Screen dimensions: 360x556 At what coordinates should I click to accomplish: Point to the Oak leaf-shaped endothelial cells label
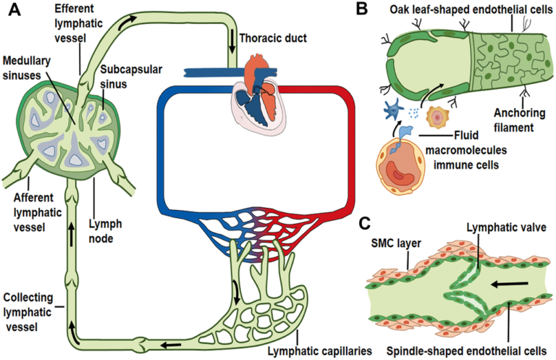469,10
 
